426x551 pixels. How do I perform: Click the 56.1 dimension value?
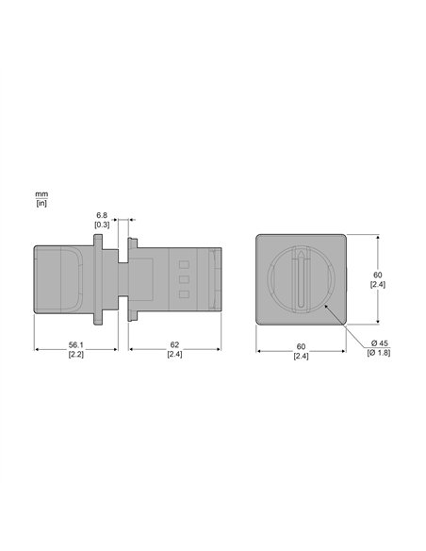pos(75,345)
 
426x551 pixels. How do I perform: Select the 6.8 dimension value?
pos(102,215)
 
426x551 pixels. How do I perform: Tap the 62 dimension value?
pos(174,345)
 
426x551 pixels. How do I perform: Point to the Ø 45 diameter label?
pos(379,343)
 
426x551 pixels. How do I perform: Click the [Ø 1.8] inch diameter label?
pos(379,353)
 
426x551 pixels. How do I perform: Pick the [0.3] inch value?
pos(102,225)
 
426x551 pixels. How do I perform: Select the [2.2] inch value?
pos(76,354)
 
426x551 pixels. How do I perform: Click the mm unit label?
pos(41,194)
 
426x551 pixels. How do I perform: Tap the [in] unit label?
pos(41,203)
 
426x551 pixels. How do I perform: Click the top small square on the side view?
pos(184,264)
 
